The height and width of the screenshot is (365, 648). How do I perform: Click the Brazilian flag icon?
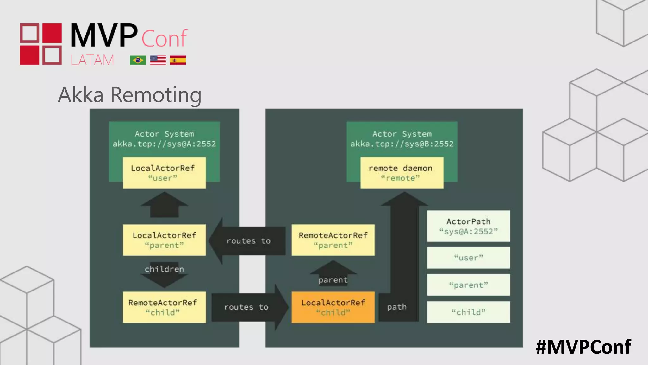click(138, 60)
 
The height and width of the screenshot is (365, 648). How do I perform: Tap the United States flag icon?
click(158, 60)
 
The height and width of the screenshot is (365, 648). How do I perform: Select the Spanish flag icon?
click(178, 60)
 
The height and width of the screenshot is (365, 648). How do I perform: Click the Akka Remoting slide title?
click(129, 95)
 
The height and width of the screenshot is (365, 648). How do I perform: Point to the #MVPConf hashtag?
click(583, 347)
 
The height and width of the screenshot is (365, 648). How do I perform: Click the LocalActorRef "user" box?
click(164, 173)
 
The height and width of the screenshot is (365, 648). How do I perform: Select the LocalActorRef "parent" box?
click(164, 240)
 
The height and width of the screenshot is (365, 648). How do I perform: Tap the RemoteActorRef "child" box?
click(164, 307)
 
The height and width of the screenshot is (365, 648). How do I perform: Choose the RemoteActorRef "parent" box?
click(333, 240)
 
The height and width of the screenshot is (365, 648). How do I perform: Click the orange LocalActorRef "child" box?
click(333, 307)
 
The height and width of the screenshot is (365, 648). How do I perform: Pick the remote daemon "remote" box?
click(402, 173)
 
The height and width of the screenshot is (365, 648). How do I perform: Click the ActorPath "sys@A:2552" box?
click(468, 226)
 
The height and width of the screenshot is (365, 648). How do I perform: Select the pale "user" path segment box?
click(468, 258)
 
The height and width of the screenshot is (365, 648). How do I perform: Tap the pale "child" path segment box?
click(468, 312)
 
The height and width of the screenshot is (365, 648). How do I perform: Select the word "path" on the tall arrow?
click(397, 307)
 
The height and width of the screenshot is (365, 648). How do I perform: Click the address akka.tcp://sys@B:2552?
click(402, 144)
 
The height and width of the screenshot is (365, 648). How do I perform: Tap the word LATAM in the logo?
click(92, 60)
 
